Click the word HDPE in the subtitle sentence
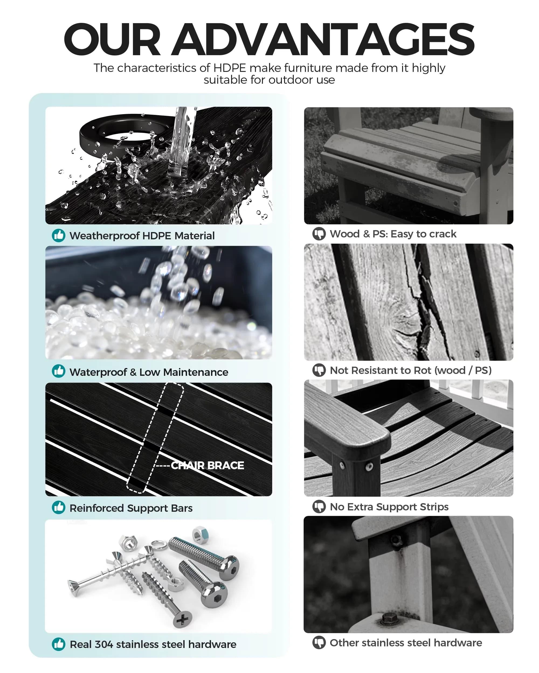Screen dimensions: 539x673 (230, 68)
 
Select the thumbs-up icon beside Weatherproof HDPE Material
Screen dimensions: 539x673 (58, 235)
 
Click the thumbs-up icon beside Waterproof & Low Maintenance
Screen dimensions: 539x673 (58, 371)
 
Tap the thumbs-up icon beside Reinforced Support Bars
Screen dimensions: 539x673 (58, 507)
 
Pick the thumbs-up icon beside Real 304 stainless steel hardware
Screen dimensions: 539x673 (58, 644)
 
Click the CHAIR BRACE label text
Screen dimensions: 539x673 (208, 465)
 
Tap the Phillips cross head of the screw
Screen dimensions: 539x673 (182, 619)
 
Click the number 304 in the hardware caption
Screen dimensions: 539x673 (104, 644)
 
